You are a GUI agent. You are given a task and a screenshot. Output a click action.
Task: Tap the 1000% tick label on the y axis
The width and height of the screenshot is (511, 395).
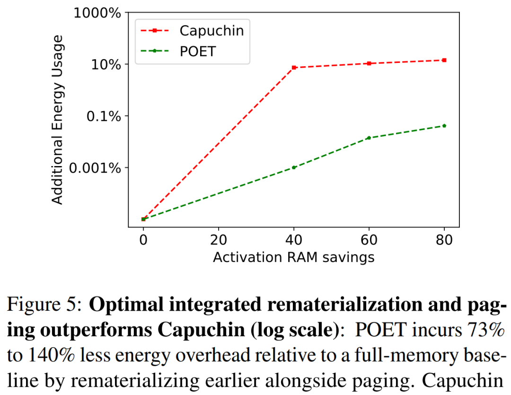(x=97, y=13)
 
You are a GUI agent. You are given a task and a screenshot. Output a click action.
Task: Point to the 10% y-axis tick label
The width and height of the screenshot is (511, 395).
(x=106, y=64)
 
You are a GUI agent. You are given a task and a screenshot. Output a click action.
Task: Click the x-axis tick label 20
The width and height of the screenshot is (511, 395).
(x=219, y=239)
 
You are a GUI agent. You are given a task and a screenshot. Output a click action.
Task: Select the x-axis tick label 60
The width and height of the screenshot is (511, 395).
(x=369, y=239)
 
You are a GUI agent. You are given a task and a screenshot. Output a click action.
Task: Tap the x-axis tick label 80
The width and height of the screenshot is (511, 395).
(x=444, y=239)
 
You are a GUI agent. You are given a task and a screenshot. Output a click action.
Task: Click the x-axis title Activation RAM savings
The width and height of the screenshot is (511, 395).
(x=294, y=257)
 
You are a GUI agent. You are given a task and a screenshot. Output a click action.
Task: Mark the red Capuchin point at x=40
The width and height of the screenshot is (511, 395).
(x=294, y=68)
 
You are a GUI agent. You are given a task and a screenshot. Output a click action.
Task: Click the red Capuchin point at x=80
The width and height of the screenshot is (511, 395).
(x=444, y=60)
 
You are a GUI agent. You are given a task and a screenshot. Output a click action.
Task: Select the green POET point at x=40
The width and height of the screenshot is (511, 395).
(x=294, y=167)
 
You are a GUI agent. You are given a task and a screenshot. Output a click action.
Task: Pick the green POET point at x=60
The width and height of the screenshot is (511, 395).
(x=369, y=138)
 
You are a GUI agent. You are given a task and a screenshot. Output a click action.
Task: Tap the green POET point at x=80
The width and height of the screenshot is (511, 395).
(x=444, y=125)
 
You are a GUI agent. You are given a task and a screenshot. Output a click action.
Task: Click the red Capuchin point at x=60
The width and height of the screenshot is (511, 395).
(x=369, y=63)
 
